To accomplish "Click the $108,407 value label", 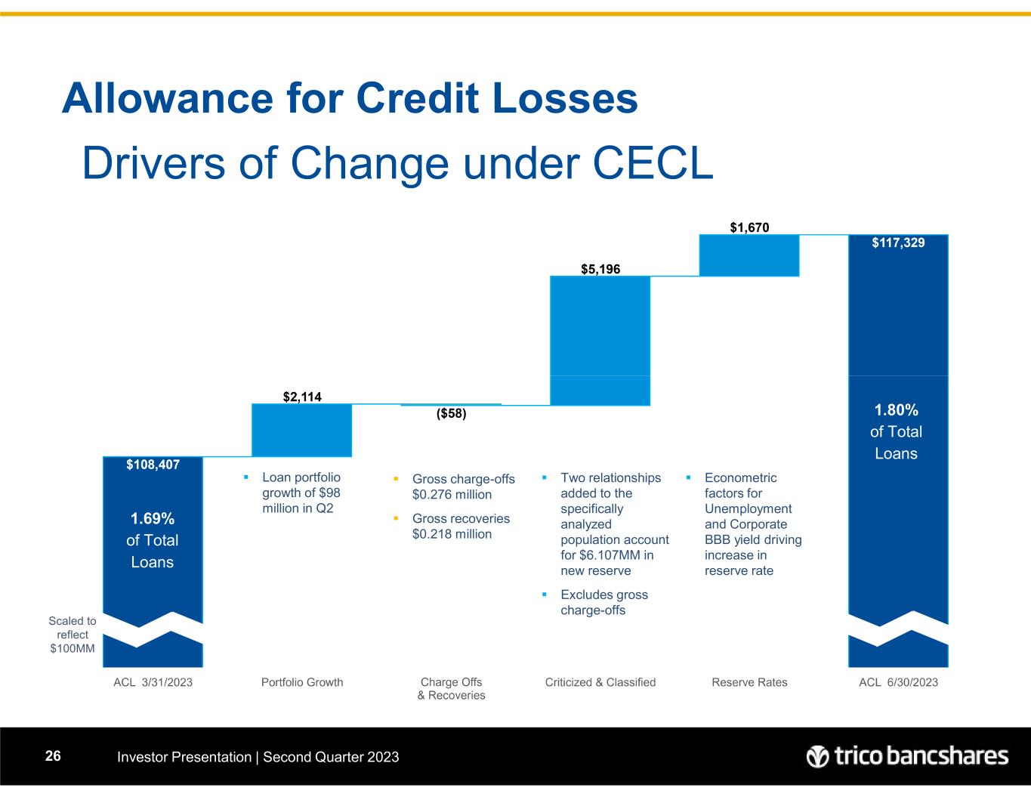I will (153, 465).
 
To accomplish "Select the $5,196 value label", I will (600, 268).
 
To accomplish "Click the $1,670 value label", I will (749, 226).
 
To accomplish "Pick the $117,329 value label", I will (898, 242).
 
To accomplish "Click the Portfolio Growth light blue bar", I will (301, 430).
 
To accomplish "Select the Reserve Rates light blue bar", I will (749, 255).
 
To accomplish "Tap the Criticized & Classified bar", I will (600, 340).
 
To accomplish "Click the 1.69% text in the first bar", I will (153, 518).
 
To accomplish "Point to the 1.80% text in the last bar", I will (897, 410).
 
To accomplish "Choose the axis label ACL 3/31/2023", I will (153, 682).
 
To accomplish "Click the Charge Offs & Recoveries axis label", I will (451, 688).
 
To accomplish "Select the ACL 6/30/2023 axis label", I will (898, 682).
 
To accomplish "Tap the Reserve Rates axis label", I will (749, 682).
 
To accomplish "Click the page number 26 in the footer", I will (52, 756).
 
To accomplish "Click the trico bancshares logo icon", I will (818, 756).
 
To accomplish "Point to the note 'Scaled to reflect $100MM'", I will (73, 635).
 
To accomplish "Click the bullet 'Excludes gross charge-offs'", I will (603, 602).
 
